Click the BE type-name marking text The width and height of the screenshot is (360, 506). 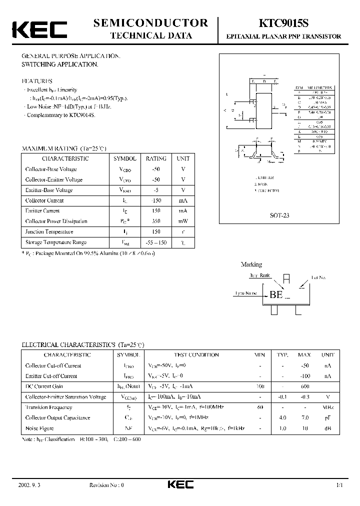click(276, 294)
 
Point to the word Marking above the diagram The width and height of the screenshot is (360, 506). click(251, 264)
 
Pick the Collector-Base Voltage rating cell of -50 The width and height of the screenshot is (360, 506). click(156, 169)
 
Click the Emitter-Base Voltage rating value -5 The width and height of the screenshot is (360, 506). click(156, 190)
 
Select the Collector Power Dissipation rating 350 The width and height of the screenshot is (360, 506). click(156, 221)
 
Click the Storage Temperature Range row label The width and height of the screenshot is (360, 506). click(56, 242)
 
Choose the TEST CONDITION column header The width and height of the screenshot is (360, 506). click(196, 355)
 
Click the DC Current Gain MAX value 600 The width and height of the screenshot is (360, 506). click(304, 386)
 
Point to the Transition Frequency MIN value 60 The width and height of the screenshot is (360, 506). click(260, 407)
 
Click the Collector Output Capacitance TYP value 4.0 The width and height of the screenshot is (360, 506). click(282, 418)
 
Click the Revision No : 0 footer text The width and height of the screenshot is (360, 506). click(106, 485)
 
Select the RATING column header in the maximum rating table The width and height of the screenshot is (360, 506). click(156, 158)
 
